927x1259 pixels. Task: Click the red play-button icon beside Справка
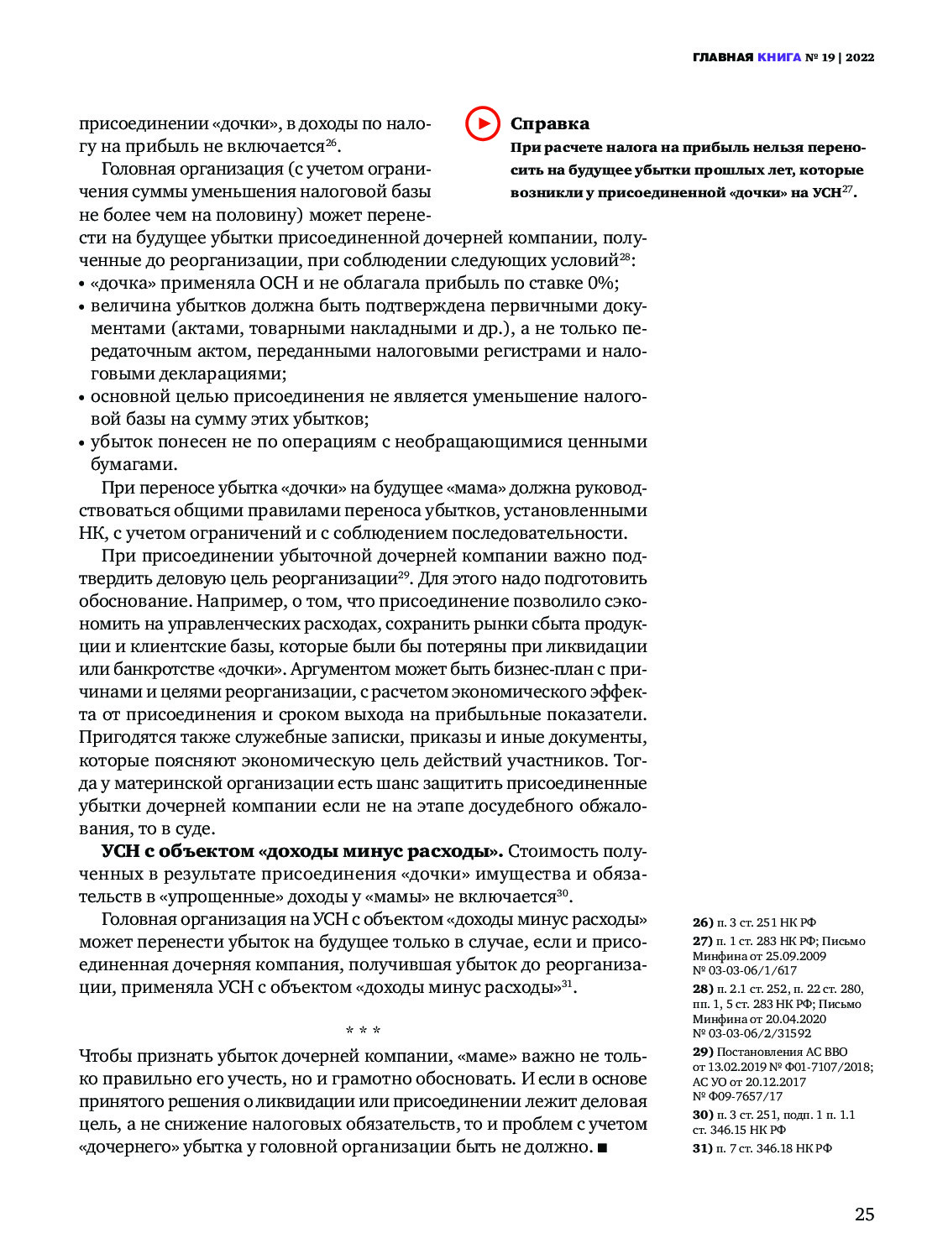(x=483, y=123)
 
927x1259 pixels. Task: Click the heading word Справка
(x=550, y=123)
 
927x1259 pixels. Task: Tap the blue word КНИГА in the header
(x=779, y=57)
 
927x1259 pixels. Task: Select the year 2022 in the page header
(x=860, y=57)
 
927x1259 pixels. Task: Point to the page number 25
(x=864, y=1215)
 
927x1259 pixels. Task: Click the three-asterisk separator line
(x=363, y=1031)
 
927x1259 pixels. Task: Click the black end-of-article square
(x=602, y=1147)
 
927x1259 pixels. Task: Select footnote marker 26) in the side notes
(x=703, y=922)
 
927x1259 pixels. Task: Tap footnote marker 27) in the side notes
(x=703, y=941)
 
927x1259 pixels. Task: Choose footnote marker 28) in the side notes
(x=703, y=989)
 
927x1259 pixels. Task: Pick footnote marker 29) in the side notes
(x=703, y=1052)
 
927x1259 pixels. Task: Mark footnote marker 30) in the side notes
(x=703, y=1115)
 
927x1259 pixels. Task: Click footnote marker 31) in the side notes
(x=703, y=1148)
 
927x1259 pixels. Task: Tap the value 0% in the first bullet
(x=603, y=283)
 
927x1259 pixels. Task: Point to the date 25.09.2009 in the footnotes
(x=795, y=956)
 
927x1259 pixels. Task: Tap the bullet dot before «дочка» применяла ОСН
(x=82, y=285)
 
